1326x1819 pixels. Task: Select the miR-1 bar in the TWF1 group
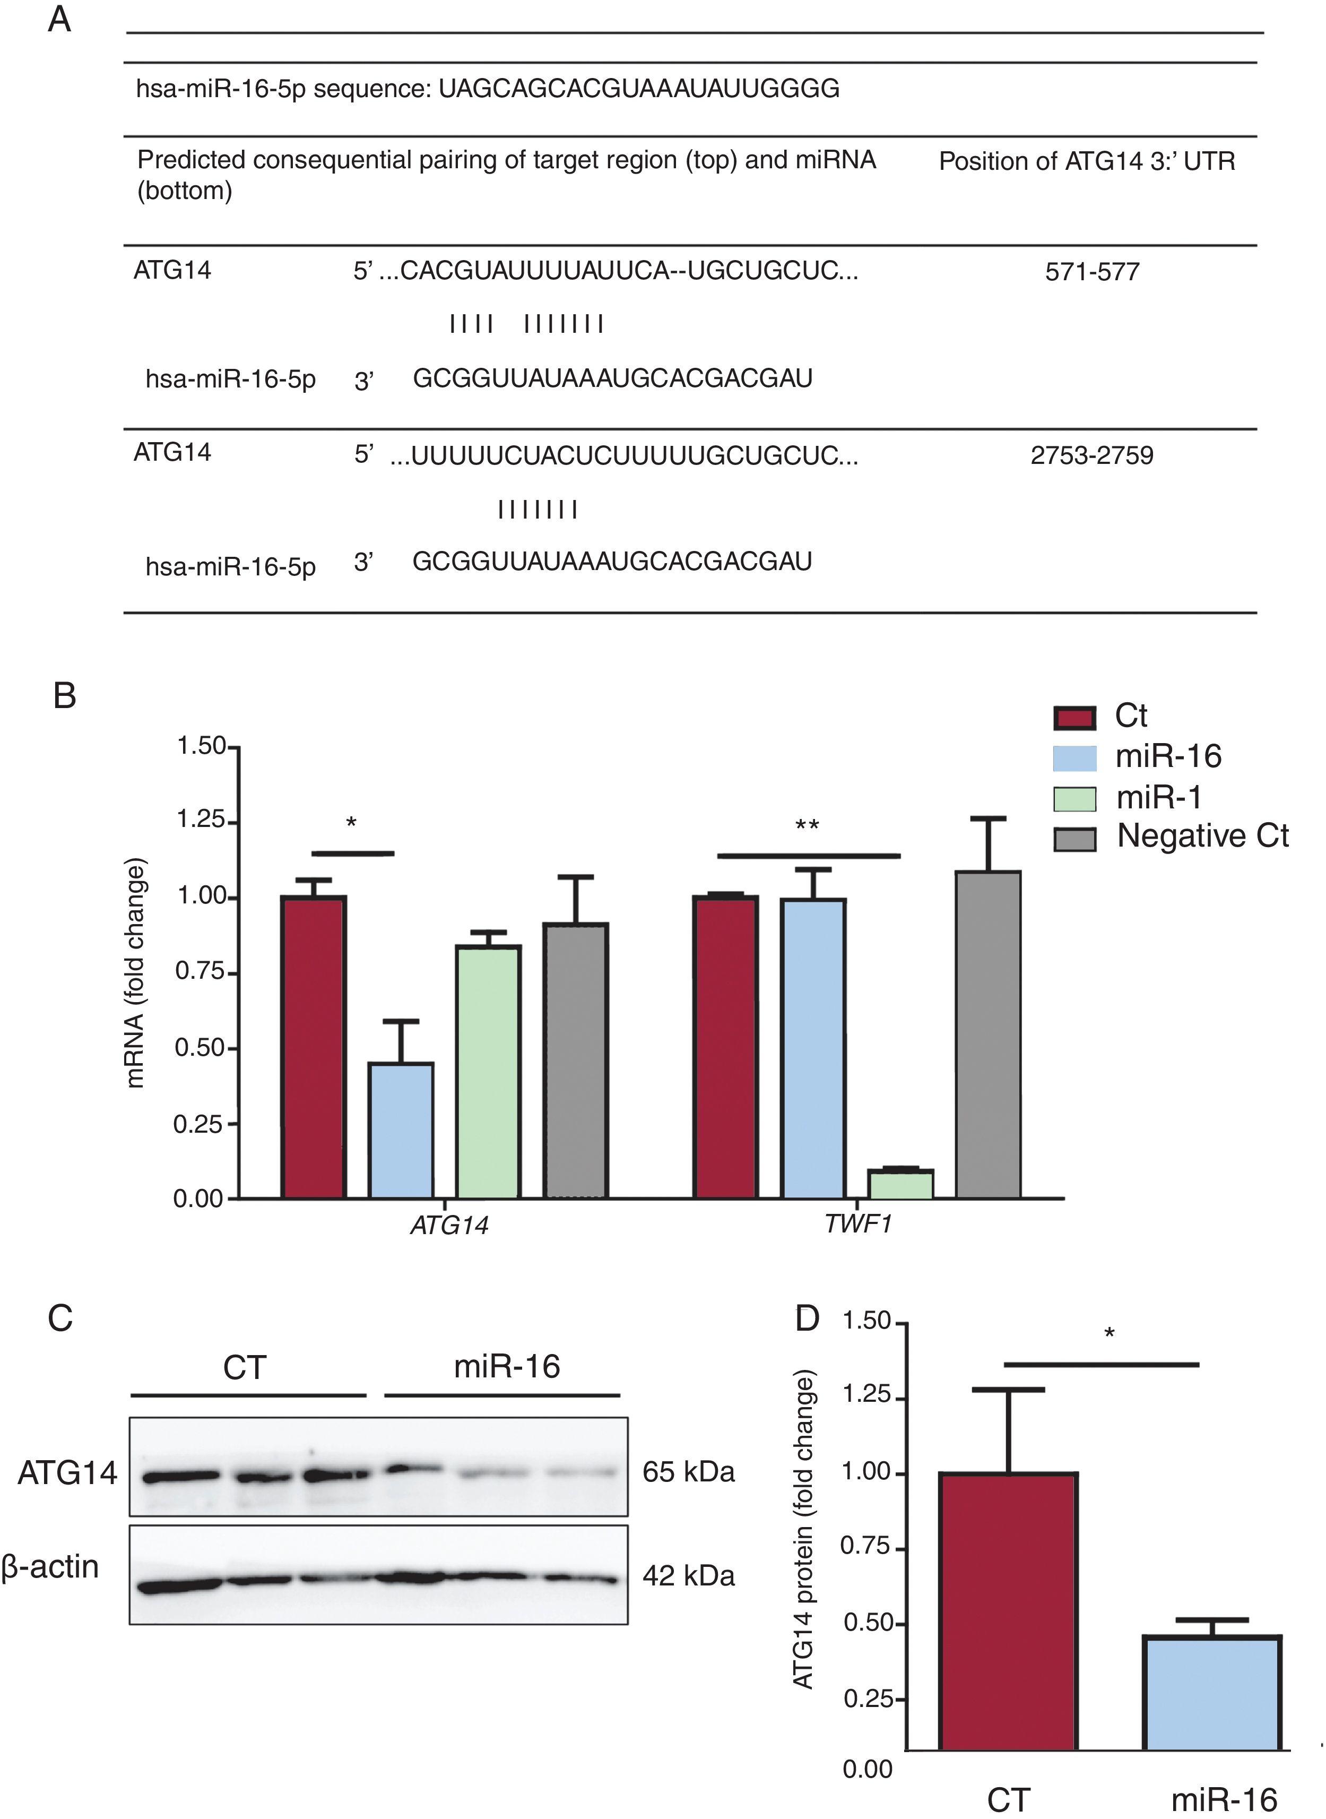pyautogui.click(x=900, y=1184)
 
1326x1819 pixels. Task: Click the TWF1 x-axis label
pyautogui.click(x=858, y=1224)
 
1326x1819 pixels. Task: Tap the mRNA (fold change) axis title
pyautogui.click(x=136, y=973)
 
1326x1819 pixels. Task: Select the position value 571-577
pyautogui.click(x=1091, y=272)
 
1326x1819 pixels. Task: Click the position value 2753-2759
pyautogui.click(x=1091, y=455)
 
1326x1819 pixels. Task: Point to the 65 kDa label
pyautogui.click(x=688, y=1472)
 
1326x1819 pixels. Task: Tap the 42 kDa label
pyautogui.click(x=688, y=1576)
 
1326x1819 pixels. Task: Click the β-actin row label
pyautogui.click(x=50, y=1566)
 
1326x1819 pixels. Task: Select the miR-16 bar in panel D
pyautogui.click(x=1211, y=1692)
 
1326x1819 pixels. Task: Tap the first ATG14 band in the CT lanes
pyautogui.click(x=180, y=1476)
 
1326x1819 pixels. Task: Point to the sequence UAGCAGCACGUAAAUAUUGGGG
pyautogui.click(x=639, y=88)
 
